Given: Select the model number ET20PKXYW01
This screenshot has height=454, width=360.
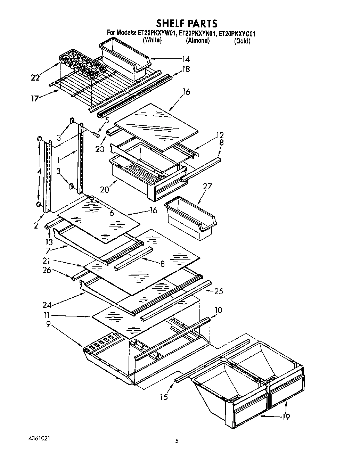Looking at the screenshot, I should (158, 33).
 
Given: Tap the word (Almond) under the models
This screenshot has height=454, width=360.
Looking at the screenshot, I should (198, 41).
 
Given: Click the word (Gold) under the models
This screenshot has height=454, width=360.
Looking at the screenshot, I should (242, 41).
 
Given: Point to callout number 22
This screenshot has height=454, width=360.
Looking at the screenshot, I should (35, 78).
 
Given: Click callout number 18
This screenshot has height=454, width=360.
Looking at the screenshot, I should (186, 69).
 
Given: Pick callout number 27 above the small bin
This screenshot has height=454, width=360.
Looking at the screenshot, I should (207, 187).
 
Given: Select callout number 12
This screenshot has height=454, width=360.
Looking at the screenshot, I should (220, 135).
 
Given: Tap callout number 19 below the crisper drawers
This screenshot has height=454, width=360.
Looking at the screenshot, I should (286, 417).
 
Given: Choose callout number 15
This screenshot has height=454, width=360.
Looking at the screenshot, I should (164, 397).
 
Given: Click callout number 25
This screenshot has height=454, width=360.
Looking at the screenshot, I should (218, 291).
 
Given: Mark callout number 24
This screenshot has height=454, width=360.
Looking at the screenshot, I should (47, 305).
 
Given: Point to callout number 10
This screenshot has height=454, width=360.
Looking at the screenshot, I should (219, 310).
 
